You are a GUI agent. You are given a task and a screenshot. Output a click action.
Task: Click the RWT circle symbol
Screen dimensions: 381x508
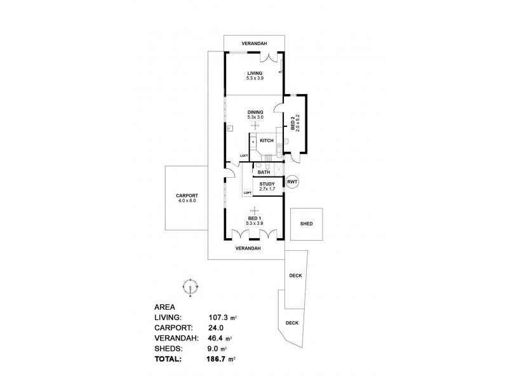pyautogui.click(x=292, y=182)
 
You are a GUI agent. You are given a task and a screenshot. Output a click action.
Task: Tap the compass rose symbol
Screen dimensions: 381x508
pyautogui.click(x=192, y=286)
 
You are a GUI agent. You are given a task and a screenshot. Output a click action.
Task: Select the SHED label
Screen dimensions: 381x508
pyautogui.click(x=307, y=224)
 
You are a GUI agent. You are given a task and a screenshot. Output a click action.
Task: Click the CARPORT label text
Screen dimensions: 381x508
pyautogui.click(x=188, y=196)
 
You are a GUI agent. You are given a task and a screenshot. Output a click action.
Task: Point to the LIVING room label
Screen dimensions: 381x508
pyautogui.click(x=255, y=73)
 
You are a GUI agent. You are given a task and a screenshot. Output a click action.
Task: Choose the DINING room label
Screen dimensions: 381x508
pyautogui.click(x=255, y=112)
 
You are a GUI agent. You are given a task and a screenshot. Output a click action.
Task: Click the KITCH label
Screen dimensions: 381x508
pyautogui.click(x=267, y=140)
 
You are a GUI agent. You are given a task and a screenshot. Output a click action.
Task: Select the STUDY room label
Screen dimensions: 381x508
pyautogui.click(x=267, y=184)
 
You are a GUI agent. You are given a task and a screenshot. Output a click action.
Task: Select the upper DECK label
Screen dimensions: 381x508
pyautogui.click(x=295, y=276)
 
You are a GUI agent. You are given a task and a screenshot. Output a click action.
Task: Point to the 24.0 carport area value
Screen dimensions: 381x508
pyautogui.click(x=217, y=327)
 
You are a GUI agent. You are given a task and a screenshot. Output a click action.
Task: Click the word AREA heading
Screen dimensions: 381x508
pyautogui.click(x=165, y=306)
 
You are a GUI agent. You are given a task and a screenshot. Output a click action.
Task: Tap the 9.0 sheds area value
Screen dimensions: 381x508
pyautogui.click(x=215, y=348)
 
